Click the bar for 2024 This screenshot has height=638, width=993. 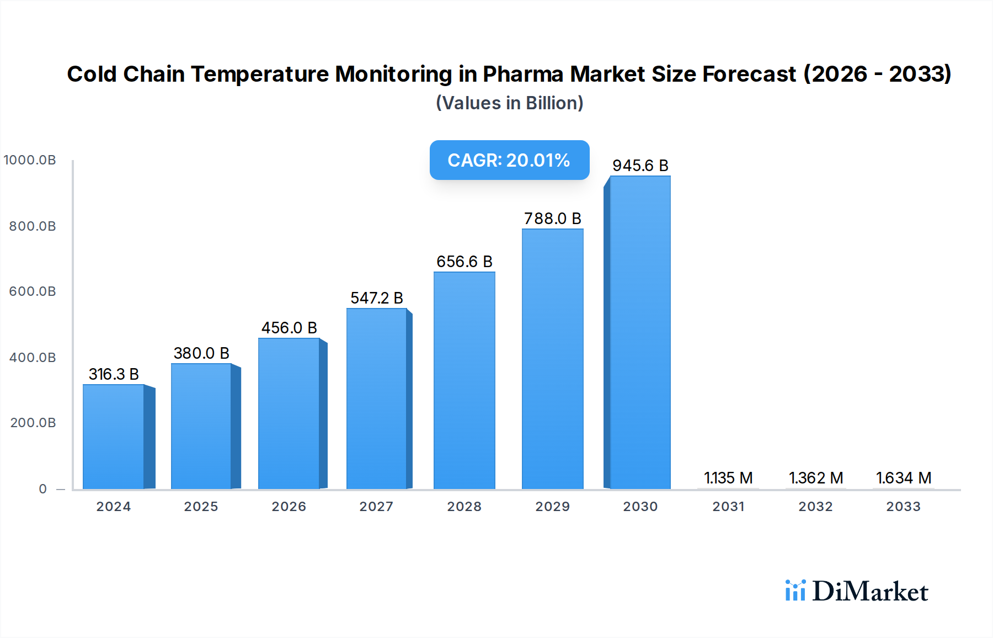[114, 437]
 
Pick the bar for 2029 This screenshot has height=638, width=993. [552, 359]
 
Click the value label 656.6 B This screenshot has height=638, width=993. [464, 262]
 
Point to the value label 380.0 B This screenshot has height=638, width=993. [201, 353]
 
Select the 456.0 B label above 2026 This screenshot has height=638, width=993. [289, 328]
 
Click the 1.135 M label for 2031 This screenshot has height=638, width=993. [728, 478]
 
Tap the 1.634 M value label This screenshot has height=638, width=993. [904, 478]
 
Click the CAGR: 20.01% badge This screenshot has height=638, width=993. [509, 160]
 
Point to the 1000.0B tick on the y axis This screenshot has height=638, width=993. [30, 160]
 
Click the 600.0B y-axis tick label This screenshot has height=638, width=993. [33, 291]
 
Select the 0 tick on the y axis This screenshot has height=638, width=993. [43, 489]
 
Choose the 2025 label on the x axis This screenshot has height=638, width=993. [201, 507]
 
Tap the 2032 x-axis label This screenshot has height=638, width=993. [815, 507]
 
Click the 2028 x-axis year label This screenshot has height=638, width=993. [464, 507]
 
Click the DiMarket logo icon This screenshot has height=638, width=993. [795, 591]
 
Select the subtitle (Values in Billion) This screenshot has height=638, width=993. [509, 103]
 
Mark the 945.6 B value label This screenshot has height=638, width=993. [640, 166]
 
